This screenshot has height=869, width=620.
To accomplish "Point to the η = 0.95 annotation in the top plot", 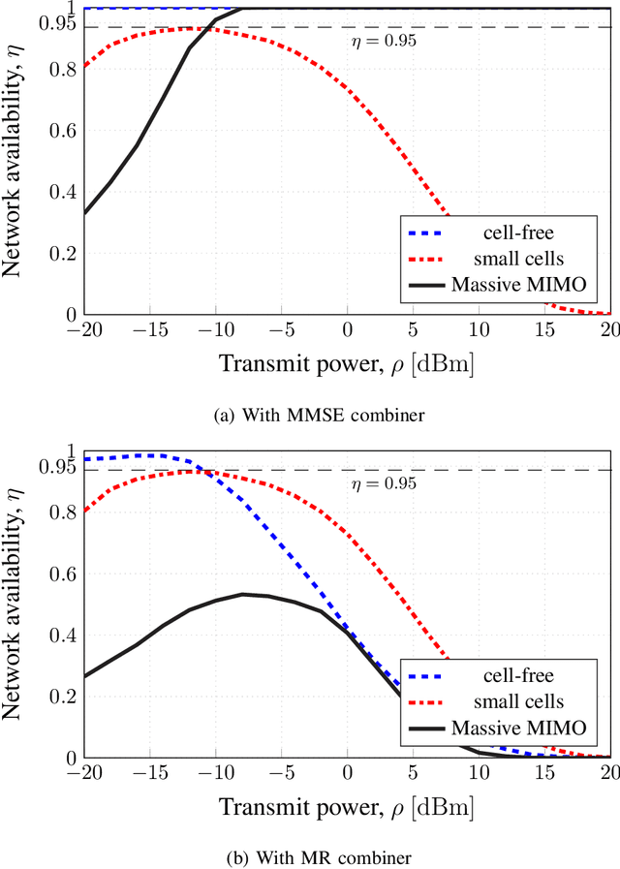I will click(x=384, y=42).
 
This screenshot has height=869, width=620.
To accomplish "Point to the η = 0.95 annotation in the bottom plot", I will click(x=384, y=483).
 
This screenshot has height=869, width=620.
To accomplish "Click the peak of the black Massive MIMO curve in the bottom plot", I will click(x=242, y=594).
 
